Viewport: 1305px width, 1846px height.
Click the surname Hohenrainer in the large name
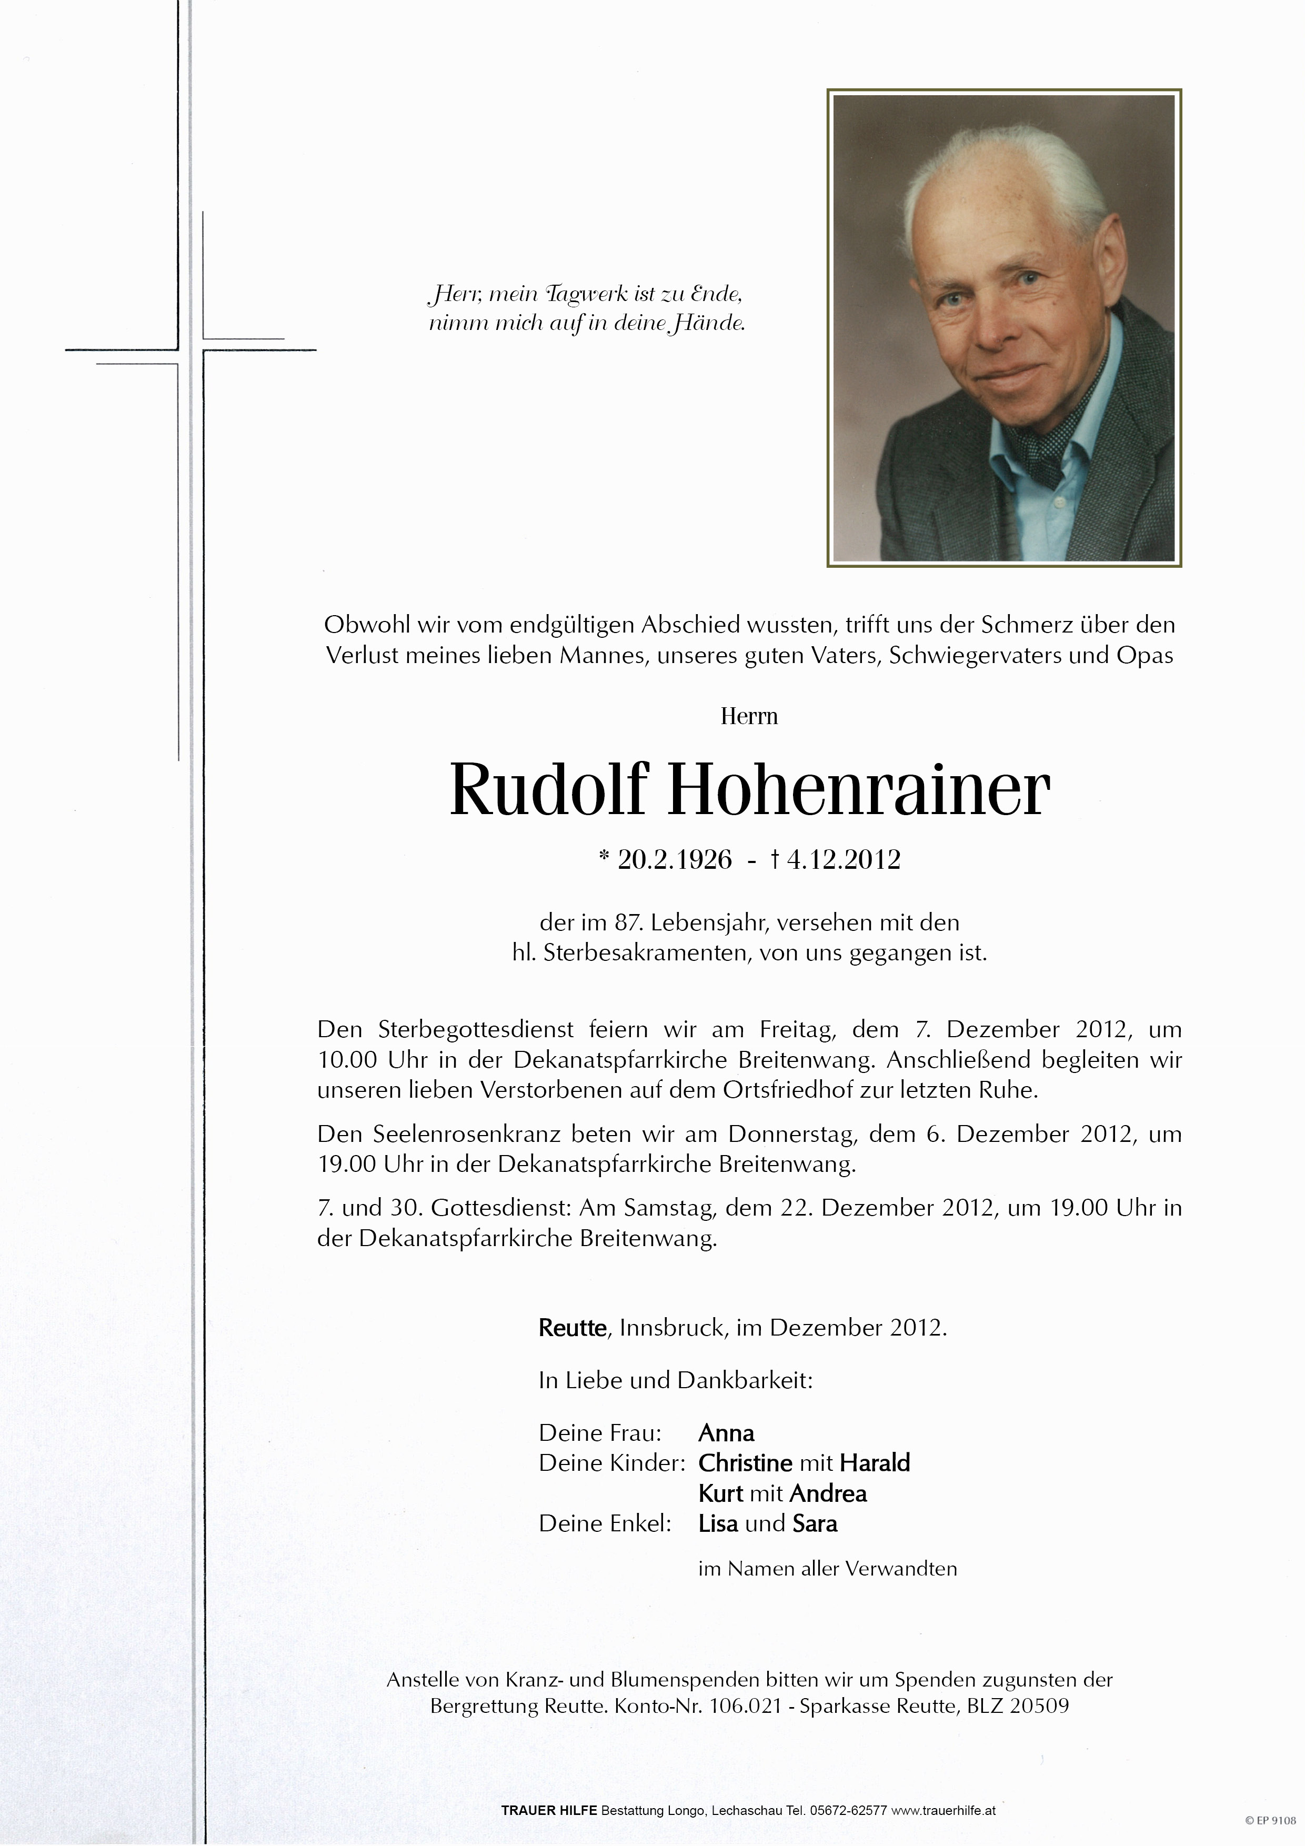tap(858, 789)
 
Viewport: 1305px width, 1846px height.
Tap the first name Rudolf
tap(548, 789)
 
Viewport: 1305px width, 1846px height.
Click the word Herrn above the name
tap(749, 716)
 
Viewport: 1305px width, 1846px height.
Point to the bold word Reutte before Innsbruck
tap(571, 1328)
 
